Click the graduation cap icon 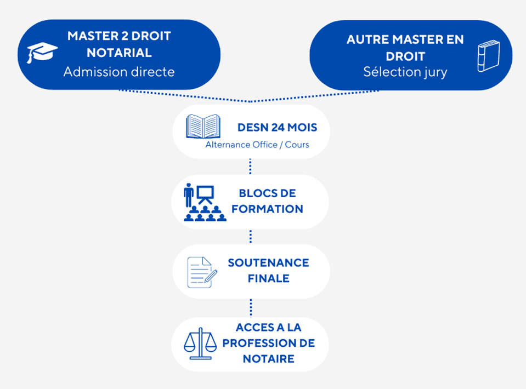point(42,53)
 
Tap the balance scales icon point(200,344)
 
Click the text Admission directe point(119,72)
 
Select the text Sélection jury point(405,72)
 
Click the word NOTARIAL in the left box point(119,54)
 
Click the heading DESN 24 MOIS point(277,128)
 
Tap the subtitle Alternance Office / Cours point(257,145)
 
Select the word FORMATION point(267,209)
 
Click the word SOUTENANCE point(268,263)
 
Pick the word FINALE point(268,278)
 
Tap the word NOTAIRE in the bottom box point(268,359)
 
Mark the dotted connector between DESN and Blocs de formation point(251,166)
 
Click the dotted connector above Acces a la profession point(251,307)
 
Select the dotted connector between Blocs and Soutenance point(251,236)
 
